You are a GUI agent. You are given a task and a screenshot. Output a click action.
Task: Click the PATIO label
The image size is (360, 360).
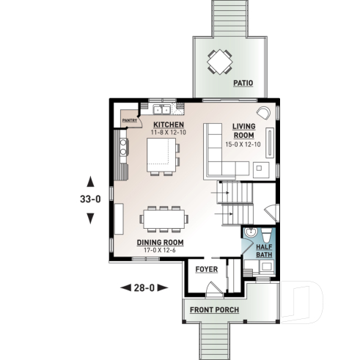243,84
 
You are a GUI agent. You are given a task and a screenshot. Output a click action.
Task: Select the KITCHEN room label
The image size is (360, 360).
168,125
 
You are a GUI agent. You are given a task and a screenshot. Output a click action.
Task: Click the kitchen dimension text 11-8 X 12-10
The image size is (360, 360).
168,133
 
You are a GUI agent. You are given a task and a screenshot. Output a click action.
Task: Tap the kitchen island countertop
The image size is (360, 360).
161,155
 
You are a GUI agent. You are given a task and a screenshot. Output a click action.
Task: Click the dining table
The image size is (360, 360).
164,217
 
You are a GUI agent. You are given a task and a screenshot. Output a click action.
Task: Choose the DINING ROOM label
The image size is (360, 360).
159,243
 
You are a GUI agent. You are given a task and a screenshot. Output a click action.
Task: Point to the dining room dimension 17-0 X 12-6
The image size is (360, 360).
159,250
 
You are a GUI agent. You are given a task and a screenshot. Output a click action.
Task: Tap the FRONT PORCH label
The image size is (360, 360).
214,310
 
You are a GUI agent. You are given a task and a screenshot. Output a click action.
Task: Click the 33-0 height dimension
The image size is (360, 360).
90,199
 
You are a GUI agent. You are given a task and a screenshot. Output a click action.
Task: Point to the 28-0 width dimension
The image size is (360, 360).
143,287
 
